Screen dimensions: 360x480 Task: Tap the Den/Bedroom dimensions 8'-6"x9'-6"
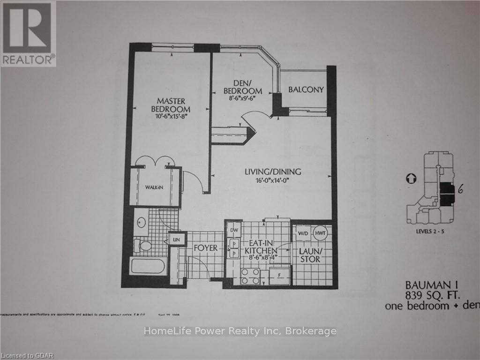tap(242, 99)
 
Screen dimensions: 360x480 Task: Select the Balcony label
tap(306, 90)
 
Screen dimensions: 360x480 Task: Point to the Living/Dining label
tap(272, 172)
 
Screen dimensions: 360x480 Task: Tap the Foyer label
tap(205, 247)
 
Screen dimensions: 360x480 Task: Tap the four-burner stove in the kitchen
tap(250, 276)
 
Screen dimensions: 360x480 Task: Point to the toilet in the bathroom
tap(142, 245)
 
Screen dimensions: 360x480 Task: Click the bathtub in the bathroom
tap(148, 267)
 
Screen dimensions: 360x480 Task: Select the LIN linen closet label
tap(177, 240)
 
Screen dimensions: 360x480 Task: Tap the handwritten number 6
tap(461, 189)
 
